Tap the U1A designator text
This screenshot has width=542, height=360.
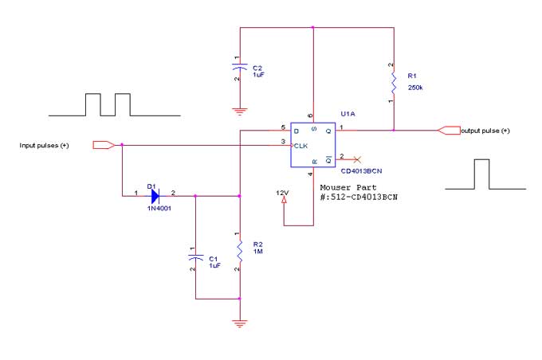(347, 114)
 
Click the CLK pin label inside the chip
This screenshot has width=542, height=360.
(301, 146)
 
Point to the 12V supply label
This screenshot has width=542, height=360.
(281, 193)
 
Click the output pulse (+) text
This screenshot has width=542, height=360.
(485, 131)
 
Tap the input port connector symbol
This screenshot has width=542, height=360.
(103, 145)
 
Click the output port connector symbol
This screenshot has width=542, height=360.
(449, 130)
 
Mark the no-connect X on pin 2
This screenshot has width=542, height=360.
(356, 158)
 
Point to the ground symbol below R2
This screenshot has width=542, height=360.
(239, 323)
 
